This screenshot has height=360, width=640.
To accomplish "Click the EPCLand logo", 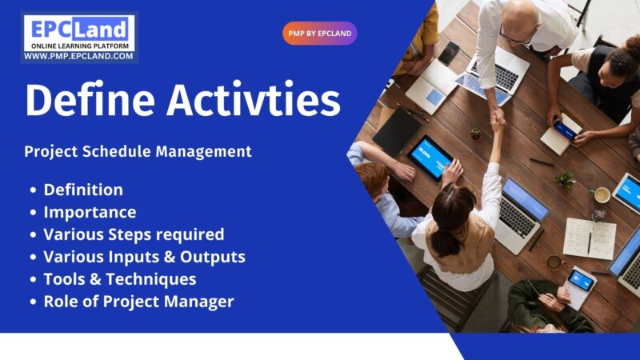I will pos(78,32).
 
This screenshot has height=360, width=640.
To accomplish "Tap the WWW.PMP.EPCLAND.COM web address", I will pos(78,57).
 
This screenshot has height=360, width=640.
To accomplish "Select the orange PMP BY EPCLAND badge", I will pos(319,34).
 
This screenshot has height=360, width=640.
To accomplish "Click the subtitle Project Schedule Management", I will pos(138,151).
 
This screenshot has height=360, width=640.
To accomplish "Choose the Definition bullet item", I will pos(83,190).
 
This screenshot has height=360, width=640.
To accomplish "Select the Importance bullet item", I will pos(90,212).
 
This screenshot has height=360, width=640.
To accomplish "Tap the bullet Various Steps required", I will pos(134,234).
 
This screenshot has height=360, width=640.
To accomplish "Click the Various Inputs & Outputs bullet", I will pos(144,257).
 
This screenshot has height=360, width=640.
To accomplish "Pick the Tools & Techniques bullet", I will pos(120,279).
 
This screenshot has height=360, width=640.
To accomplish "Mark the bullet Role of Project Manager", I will pos(138,302).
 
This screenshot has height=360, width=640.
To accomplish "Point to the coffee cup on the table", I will pos(602,194).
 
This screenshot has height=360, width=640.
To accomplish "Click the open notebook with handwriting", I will pos(590,238).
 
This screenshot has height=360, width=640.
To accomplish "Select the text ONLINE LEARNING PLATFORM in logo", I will pos(78,46).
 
